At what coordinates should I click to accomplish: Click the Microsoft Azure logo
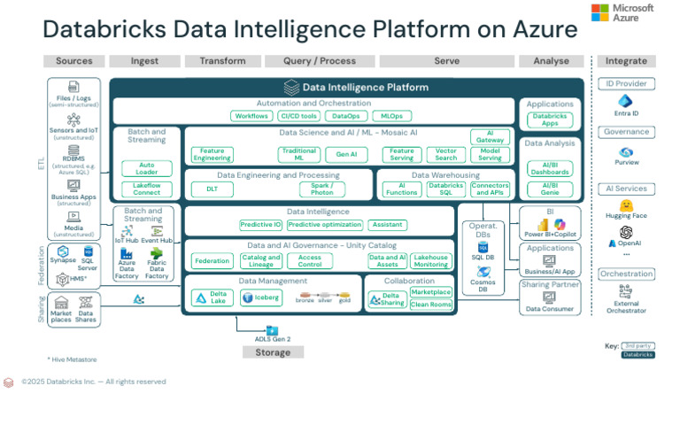click(x=622, y=12)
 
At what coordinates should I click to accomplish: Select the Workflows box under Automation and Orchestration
click(x=251, y=116)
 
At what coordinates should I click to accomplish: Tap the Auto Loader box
click(x=146, y=168)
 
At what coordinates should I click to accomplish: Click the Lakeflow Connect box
click(x=146, y=189)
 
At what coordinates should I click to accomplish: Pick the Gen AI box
click(x=340, y=154)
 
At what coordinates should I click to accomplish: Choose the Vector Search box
click(x=446, y=154)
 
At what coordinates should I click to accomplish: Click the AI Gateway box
click(x=490, y=136)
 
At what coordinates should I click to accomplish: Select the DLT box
click(x=212, y=189)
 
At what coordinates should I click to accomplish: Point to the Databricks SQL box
click(x=446, y=189)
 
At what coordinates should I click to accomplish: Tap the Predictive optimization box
click(x=324, y=225)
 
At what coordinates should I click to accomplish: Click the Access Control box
click(x=310, y=260)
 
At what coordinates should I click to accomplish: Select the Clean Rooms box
click(x=431, y=305)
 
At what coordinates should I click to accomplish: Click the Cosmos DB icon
click(x=483, y=273)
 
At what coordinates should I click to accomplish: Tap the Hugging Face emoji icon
click(x=626, y=205)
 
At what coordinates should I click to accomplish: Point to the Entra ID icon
click(x=626, y=101)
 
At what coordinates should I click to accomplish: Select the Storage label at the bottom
click(x=273, y=352)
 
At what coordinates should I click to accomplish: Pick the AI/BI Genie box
click(x=550, y=189)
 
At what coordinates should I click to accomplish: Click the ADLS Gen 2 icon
click(x=272, y=330)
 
